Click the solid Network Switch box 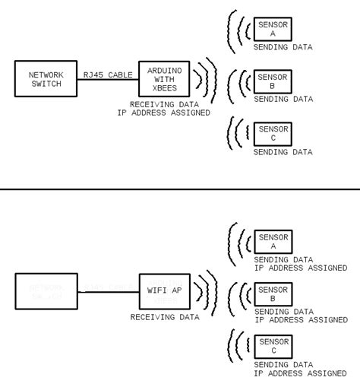coord(46,80)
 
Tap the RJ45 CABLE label coord(108,75)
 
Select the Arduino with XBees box coord(163,80)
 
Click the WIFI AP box coord(163,290)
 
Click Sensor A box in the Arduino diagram coord(273,29)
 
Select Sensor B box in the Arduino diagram coord(273,81)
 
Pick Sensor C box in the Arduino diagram coord(273,134)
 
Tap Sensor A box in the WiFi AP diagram coord(273,241)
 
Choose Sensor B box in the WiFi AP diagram coord(273,294)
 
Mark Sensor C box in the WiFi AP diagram coord(273,347)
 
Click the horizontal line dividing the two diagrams coord(180,189)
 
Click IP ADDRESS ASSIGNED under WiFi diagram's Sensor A coord(301,268)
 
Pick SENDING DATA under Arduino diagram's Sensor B coord(283,100)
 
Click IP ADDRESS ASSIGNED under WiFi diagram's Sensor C coord(301,373)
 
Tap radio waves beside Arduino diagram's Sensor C coord(238,133)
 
